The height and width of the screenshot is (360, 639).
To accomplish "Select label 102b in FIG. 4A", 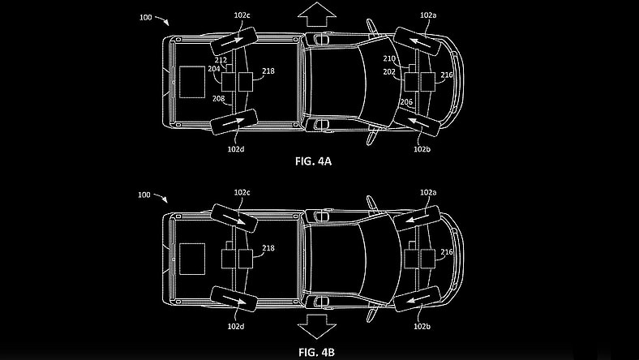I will click(422, 149).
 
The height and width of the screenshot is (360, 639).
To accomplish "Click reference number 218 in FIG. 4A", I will click(268, 71).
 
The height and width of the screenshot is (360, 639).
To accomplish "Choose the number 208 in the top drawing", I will click(219, 98).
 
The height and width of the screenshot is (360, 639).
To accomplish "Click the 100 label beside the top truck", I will click(146, 15).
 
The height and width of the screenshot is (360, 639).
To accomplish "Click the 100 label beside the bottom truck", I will click(146, 195).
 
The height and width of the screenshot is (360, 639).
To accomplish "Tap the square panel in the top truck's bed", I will click(191, 82).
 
